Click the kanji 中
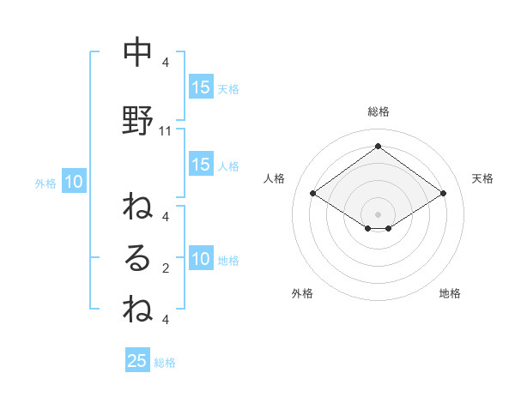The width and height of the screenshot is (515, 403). point(137,54)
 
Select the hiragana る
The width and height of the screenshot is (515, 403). point(137,257)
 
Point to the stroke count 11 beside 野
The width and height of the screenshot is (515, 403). point(166,131)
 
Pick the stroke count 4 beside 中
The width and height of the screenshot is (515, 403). point(166,63)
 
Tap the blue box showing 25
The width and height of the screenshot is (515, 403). point(137,361)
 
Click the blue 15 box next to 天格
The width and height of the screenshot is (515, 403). point(200,87)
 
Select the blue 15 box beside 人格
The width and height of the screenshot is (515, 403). point(200,165)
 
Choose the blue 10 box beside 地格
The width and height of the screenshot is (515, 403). point(200,260)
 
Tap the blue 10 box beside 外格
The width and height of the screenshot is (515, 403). point(74,182)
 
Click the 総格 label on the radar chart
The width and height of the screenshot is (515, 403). point(378,111)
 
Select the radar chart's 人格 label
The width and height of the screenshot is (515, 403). point(274,178)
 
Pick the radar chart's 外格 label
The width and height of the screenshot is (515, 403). point(302,293)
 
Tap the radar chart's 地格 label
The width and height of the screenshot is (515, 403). point(450,293)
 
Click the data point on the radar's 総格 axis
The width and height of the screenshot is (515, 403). point(378,146)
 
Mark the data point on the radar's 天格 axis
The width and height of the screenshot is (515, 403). point(443,194)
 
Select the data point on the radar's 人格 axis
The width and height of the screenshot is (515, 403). point(313,194)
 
